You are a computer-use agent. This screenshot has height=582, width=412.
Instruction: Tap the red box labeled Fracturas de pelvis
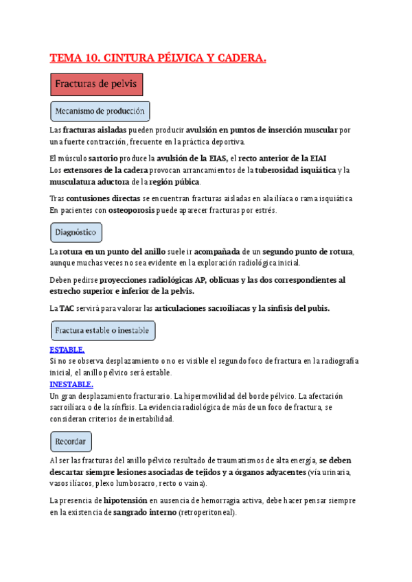[x=97, y=84]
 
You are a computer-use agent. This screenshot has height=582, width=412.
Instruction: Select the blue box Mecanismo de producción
[x=100, y=111]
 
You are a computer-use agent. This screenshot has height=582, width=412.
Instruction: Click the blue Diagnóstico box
[x=76, y=233]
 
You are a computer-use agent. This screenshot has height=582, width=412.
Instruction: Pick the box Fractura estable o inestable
[x=102, y=331]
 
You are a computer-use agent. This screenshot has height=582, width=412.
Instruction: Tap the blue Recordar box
[x=71, y=441]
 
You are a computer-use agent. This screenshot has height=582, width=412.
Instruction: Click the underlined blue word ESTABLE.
[x=67, y=350]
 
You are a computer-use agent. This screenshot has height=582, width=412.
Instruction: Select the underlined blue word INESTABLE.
[x=71, y=384]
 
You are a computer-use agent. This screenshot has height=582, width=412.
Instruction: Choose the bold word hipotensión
[x=125, y=501]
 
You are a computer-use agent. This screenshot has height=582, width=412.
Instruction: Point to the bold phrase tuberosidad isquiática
[x=295, y=170]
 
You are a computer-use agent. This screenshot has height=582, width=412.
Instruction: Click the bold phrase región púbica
[x=174, y=182]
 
